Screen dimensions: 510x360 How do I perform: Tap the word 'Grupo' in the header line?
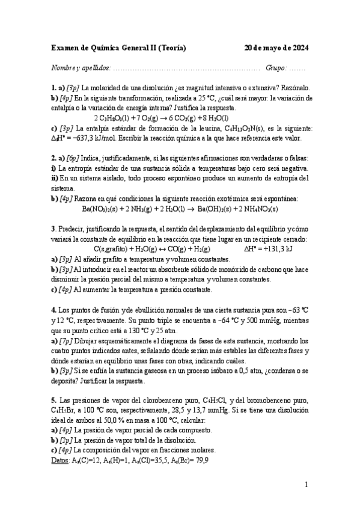[276, 69]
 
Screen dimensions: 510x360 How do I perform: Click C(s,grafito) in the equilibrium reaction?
[114, 248]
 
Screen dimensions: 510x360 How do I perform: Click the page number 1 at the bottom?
[306, 484]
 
